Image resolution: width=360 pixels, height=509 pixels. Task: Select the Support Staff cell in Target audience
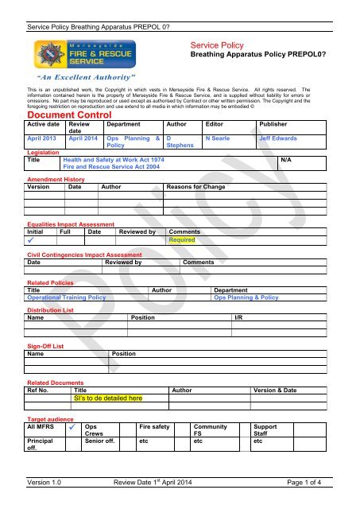tap(265, 431)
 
